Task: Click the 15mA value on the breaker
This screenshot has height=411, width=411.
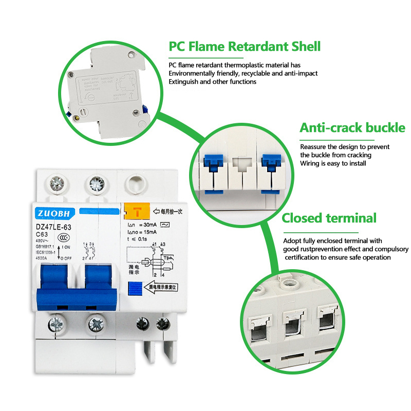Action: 155,233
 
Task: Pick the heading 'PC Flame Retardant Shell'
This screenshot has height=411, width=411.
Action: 245,47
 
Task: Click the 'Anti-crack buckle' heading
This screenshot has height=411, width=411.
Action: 352,128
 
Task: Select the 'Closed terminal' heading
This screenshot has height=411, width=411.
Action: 329,218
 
